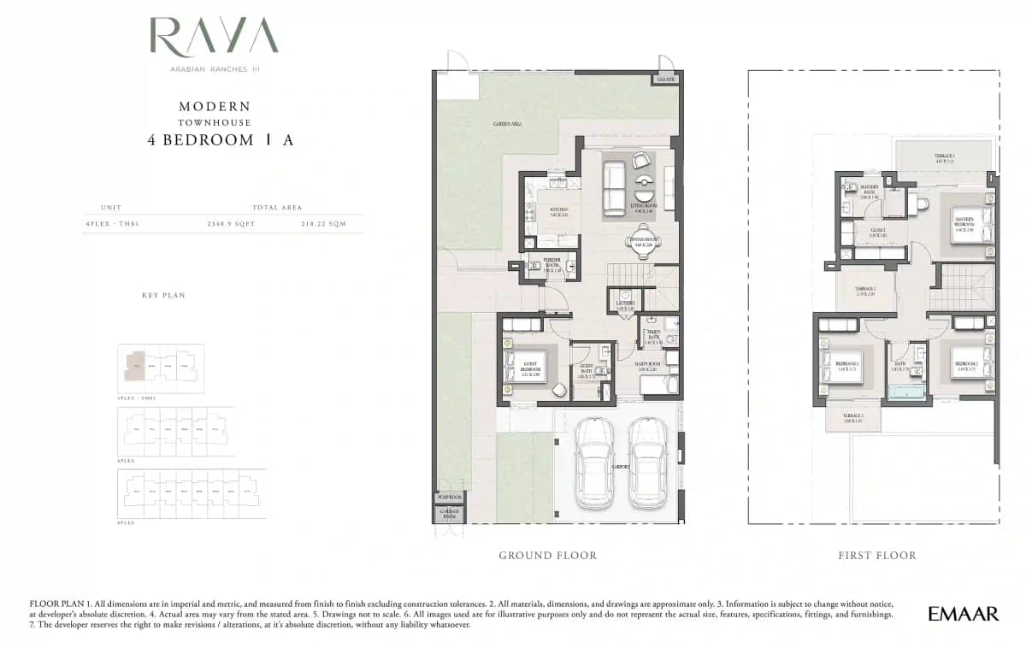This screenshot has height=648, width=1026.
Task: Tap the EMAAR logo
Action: pos(963,614)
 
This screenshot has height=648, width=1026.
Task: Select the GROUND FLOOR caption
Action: pos(548,556)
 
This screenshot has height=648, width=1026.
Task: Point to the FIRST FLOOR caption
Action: pos(877,556)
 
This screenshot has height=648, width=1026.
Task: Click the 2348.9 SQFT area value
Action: pos(231,224)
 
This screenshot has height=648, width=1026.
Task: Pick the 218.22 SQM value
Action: pos(323,224)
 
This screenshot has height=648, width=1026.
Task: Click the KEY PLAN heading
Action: pos(163,295)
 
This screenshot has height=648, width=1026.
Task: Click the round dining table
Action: pos(641,247)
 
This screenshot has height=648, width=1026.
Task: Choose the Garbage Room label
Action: pos(449,515)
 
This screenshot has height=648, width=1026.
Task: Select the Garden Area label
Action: pos(507,125)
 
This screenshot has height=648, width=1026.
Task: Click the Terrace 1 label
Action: pos(945,157)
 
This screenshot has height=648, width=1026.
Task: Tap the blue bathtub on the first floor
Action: pos(906,392)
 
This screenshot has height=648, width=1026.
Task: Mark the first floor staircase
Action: pos(966,286)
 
